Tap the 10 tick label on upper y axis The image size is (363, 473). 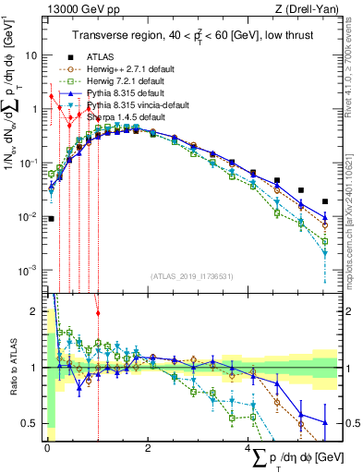click(x=31, y=55)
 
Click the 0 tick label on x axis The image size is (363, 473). click(x=46, y=447)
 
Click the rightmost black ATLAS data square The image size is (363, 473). click(x=324, y=201)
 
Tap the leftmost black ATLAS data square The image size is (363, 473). click(x=51, y=219)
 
